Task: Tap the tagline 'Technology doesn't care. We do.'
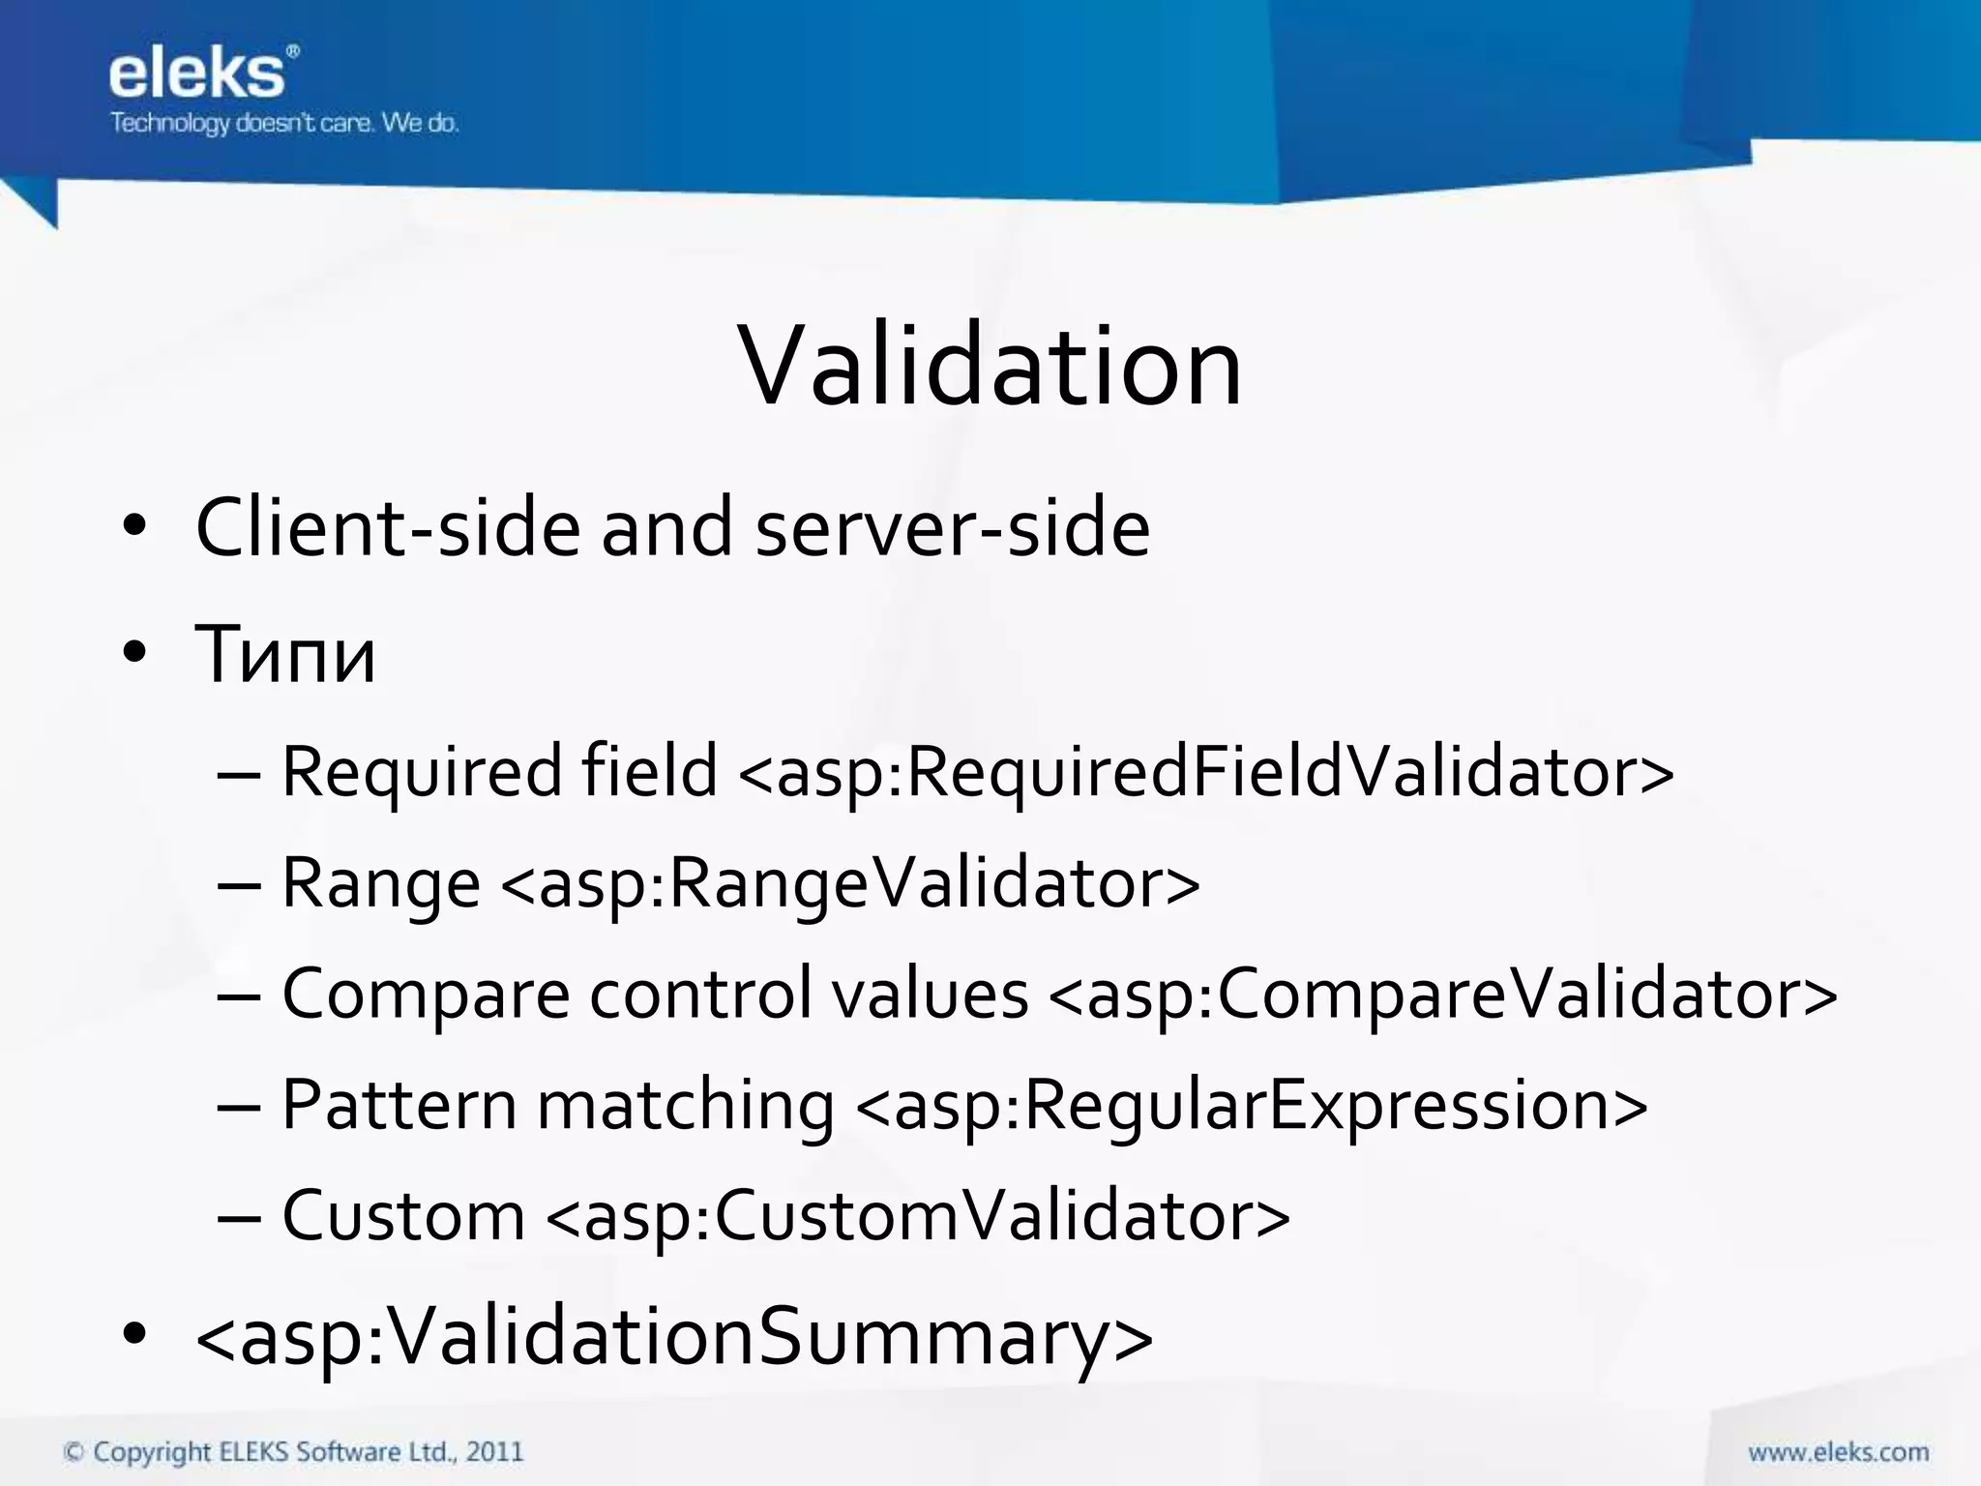[x=283, y=123]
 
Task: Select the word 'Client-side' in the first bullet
[x=388, y=527]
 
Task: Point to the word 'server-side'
[x=952, y=527]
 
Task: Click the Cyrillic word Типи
[x=285, y=655]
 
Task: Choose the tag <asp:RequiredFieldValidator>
[x=1205, y=772]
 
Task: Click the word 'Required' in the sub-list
[x=421, y=772]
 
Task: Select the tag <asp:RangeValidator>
[x=850, y=883]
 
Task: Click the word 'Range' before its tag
[x=380, y=883]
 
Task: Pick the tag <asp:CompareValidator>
[x=1442, y=995]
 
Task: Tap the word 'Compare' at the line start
[x=426, y=995]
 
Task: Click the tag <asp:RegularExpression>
[x=1252, y=1105]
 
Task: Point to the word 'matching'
[x=685, y=1105]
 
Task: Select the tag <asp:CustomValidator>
[x=918, y=1216]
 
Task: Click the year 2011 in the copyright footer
[x=494, y=1452]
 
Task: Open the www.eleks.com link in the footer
[x=1838, y=1452]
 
